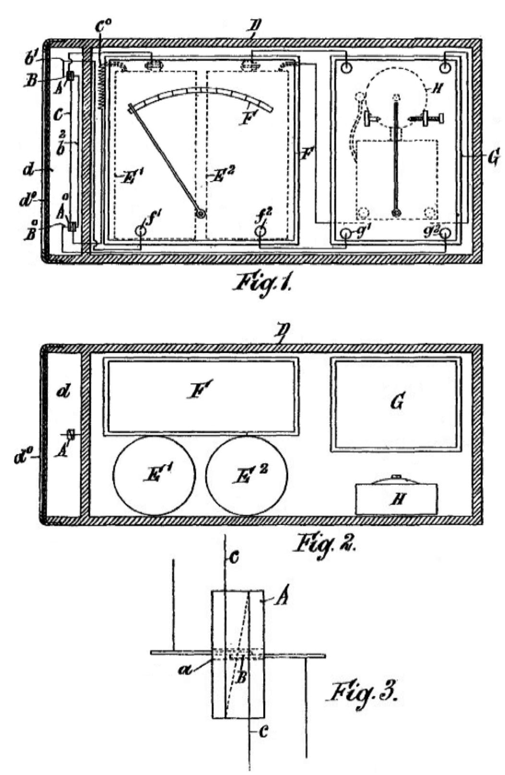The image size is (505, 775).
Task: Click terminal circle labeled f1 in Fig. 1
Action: [x=140, y=231]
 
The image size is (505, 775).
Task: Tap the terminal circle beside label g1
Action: [x=346, y=234]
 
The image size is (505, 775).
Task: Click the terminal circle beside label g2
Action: [x=446, y=234]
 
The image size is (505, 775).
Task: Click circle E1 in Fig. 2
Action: [x=154, y=475]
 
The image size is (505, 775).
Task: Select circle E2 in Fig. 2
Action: [x=247, y=475]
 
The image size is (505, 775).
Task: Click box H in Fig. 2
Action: [x=396, y=499]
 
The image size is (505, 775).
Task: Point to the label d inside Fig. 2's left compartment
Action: [x=63, y=392]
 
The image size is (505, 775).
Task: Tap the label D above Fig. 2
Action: [x=277, y=332]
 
